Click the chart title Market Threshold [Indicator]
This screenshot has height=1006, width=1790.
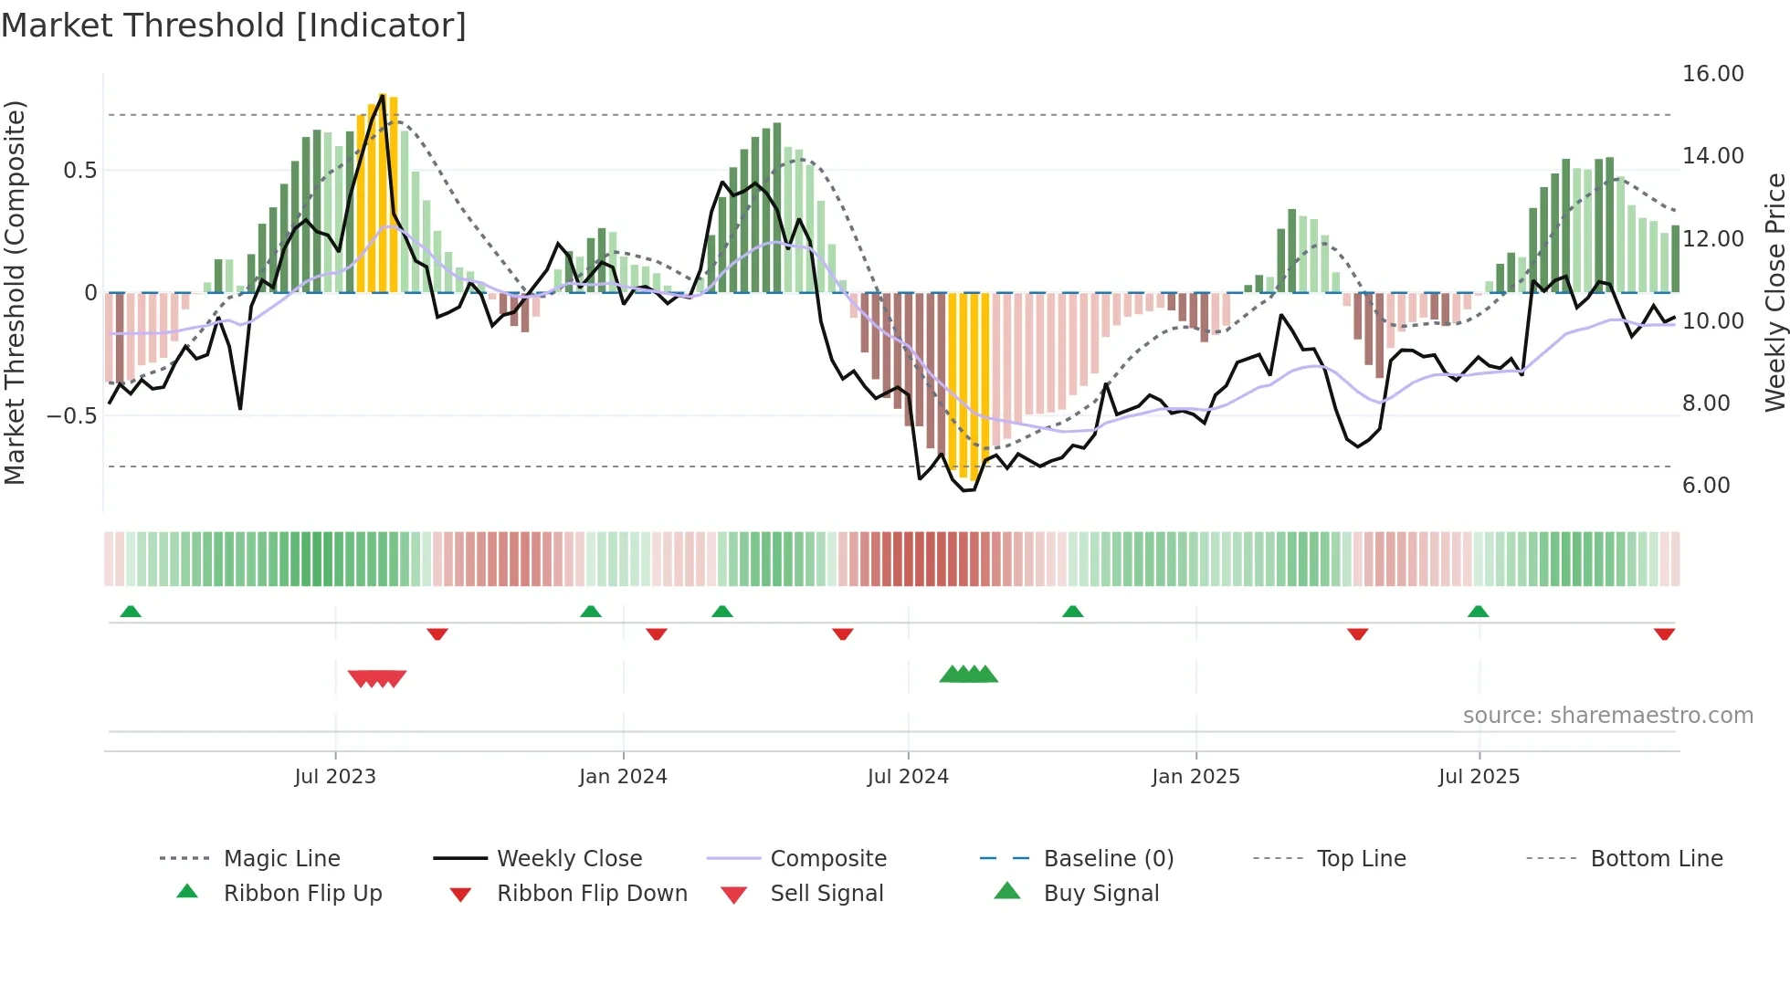[x=234, y=26]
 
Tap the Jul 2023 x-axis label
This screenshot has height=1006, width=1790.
[x=335, y=777]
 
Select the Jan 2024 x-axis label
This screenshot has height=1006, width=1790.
[x=623, y=777]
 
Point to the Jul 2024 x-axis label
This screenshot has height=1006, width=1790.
[x=908, y=777]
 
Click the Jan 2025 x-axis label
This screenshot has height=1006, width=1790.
[x=1195, y=777]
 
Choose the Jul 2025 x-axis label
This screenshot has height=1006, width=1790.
[x=1479, y=777]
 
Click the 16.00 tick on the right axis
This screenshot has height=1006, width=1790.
[x=1712, y=74]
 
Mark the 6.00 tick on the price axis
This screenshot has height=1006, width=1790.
[x=1706, y=486]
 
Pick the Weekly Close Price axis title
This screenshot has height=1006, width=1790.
[x=1774, y=292]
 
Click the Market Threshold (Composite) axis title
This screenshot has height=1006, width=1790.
[x=15, y=292]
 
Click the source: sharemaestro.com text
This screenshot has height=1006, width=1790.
[x=1607, y=716]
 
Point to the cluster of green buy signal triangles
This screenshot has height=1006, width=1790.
[x=969, y=675]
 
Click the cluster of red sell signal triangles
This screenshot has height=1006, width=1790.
[x=377, y=678]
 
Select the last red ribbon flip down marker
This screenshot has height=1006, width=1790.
[x=1664, y=634]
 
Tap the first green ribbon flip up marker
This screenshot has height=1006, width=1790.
[x=131, y=612]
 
